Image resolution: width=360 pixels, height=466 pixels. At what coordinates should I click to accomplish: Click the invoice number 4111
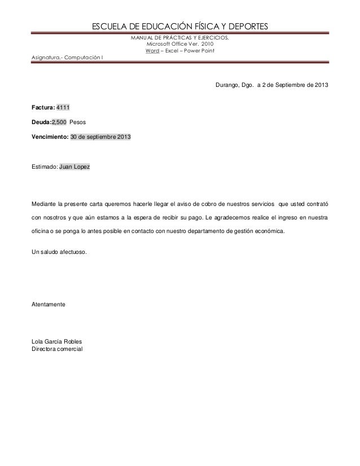click(62, 107)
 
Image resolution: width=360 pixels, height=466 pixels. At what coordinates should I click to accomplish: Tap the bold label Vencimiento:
click(50, 137)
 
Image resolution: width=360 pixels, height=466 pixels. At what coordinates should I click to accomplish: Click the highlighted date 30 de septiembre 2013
click(99, 137)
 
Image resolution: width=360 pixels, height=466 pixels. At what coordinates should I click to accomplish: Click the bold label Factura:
click(42, 107)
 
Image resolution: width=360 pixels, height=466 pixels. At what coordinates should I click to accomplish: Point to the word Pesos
click(77, 122)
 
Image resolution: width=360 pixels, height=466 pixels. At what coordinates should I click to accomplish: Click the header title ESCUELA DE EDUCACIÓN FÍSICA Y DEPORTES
click(180, 27)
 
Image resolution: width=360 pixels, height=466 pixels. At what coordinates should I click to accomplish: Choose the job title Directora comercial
click(56, 350)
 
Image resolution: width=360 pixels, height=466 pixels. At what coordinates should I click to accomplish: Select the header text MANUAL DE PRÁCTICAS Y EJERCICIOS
click(180, 38)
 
